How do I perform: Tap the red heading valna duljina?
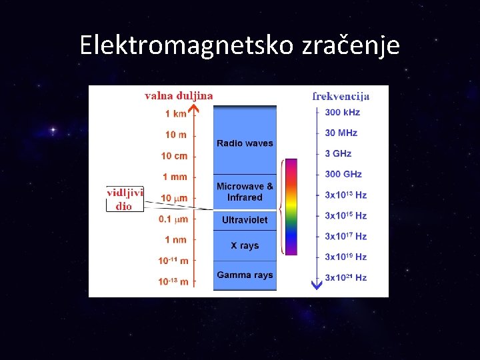pyautogui.click(x=179, y=95)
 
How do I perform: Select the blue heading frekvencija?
pyautogui.click(x=341, y=95)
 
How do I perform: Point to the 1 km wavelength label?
pyautogui.click(x=176, y=114)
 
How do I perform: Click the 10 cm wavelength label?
pyautogui.click(x=174, y=156)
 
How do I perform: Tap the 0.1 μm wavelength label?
pyautogui.click(x=173, y=219)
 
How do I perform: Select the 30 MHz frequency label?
pyautogui.click(x=341, y=133)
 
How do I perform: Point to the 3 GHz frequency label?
pyautogui.click(x=338, y=153)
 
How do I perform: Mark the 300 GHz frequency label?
pyautogui.click(x=343, y=174)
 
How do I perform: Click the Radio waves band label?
pyautogui.click(x=245, y=143)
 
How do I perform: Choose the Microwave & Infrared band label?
pyautogui.click(x=245, y=192)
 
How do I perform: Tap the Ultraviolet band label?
pyautogui.click(x=245, y=220)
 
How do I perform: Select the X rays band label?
pyautogui.click(x=245, y=246)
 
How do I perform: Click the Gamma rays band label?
pyautogui.click(x=245, y=275)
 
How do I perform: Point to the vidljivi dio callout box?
pyautogui.click(x=125, y=199)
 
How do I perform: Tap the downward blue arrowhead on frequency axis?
pyautogui.click(x=317, y=285)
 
